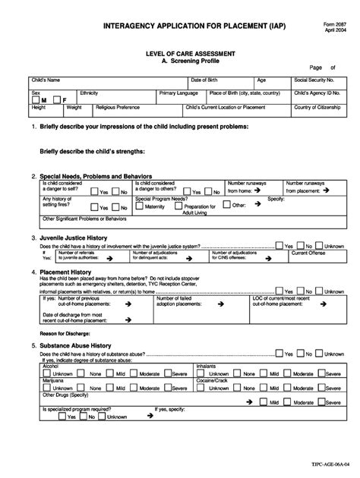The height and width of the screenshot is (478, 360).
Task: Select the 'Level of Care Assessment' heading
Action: (x=179, y=54)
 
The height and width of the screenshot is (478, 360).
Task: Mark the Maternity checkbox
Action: (x=139, y=206)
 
